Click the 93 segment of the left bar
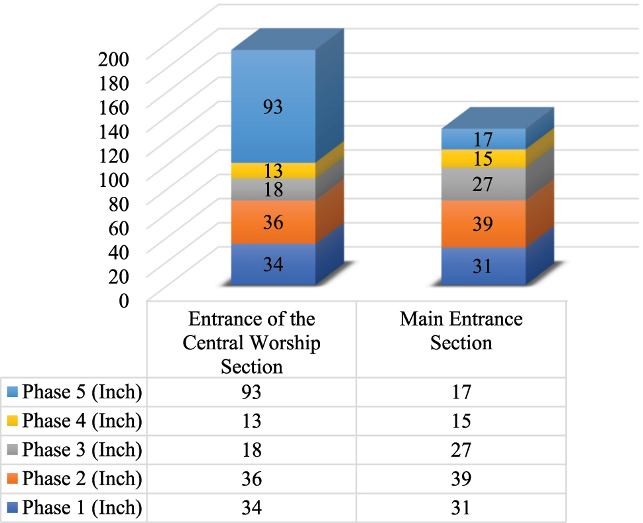click(x=273, y=107)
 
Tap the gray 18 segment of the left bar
click(x=273, y=190)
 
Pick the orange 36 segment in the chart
click(x=273, y=222)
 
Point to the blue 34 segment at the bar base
click(x=273, y=265)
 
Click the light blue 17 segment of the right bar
click(x=483, y=139)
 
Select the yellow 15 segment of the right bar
click(x=483, y=159)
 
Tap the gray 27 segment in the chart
click(x=483, y=184)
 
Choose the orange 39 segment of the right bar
click(x=483, y=224)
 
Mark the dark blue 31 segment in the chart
click(x=483, y=266)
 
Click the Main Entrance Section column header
click(x=461, y=331)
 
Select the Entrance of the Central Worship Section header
click(x=251, y=343)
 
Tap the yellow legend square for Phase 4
click(x=12, y=421)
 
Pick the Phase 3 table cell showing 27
click(x=461, y=450)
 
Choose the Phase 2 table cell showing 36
click(x=251, y=479)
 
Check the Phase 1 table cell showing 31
click(x=461, y=508)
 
